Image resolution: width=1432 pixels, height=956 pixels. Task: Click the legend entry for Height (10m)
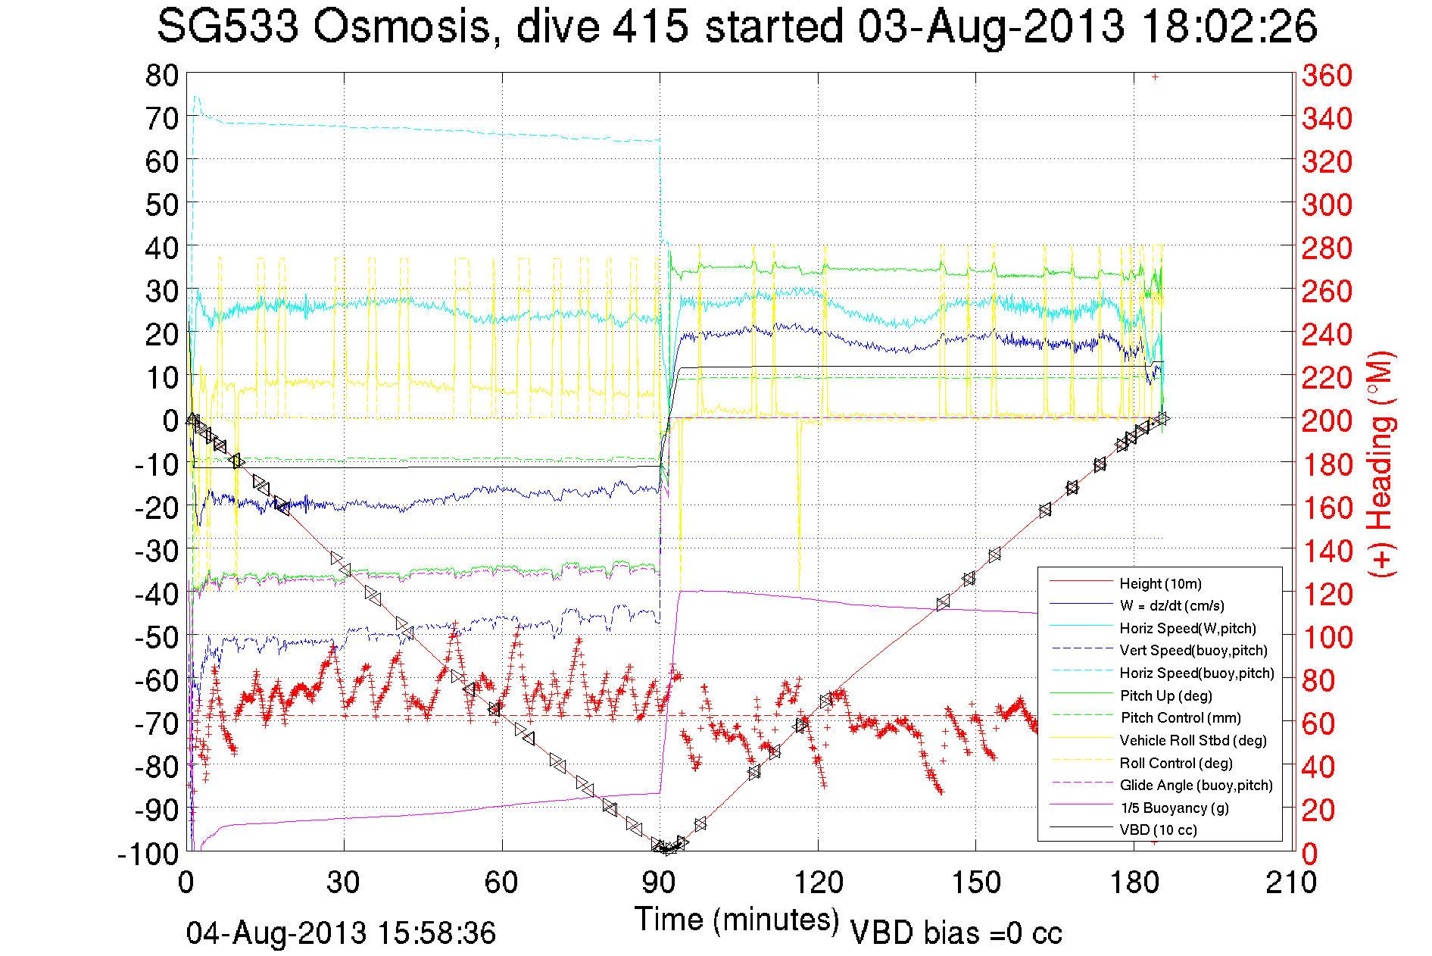pos(1160,583)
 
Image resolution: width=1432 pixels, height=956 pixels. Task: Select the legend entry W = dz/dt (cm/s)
pos(1171,605)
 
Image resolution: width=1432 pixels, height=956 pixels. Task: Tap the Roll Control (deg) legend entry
pos(1176,763)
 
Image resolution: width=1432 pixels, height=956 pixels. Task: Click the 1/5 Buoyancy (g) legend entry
pos(1175,808)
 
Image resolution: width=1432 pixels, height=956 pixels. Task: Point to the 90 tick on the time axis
pos(660,883)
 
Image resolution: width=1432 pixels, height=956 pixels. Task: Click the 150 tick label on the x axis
pos(975,883)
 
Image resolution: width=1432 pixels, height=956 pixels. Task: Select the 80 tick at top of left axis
pos(161,75)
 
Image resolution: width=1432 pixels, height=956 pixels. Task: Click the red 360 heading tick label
pos(1327,75)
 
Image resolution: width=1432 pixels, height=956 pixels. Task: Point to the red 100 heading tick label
pos(1327,637)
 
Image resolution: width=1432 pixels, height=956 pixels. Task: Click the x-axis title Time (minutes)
pos(737,920)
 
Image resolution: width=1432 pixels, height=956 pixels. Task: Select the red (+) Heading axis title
pos(1381,464)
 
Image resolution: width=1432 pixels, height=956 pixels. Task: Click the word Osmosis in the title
pos(401,27)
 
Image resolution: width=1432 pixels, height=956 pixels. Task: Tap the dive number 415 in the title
pos(650,27)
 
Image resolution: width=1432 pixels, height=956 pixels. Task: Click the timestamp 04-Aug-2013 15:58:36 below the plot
pos(341,933)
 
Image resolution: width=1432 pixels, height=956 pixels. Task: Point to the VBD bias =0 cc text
pos(956,933)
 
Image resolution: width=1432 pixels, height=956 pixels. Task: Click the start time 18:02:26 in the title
pos(1229,27)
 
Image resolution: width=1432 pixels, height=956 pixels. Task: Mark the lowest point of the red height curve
pos(666,849)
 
